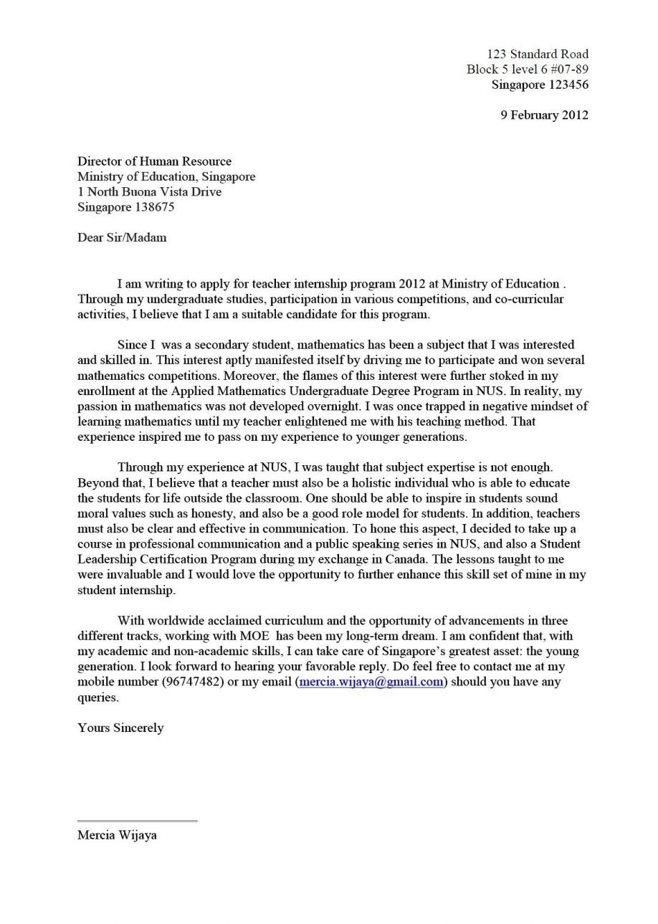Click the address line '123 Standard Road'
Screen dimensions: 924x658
(537, 54)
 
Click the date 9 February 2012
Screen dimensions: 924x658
(544, 115)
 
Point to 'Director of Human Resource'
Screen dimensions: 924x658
(154, 161)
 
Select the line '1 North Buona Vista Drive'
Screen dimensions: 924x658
(149, 192)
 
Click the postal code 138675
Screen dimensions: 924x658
(154, 207)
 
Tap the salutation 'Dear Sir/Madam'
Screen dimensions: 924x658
(122, 237)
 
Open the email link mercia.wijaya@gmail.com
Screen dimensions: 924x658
(371, 682)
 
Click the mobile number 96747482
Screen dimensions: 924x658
(193, 682)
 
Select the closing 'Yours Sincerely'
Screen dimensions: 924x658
(120, 728)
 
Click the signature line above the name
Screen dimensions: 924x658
(137, 821)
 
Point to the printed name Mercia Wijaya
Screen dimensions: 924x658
(117, 835)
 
